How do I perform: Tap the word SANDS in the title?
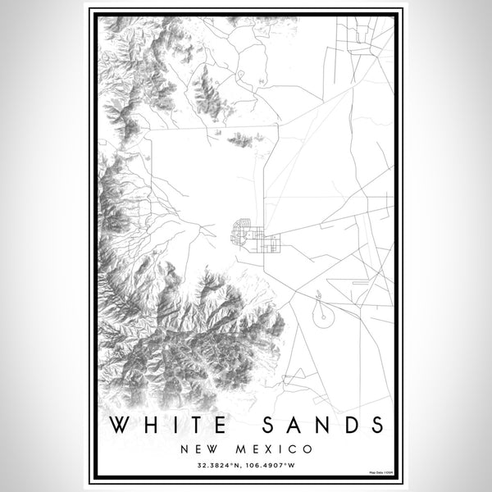coord(321,425)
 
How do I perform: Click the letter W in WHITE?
coord(119,425)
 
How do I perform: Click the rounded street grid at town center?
coord(243,231)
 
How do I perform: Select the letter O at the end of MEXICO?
coord(306,449)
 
